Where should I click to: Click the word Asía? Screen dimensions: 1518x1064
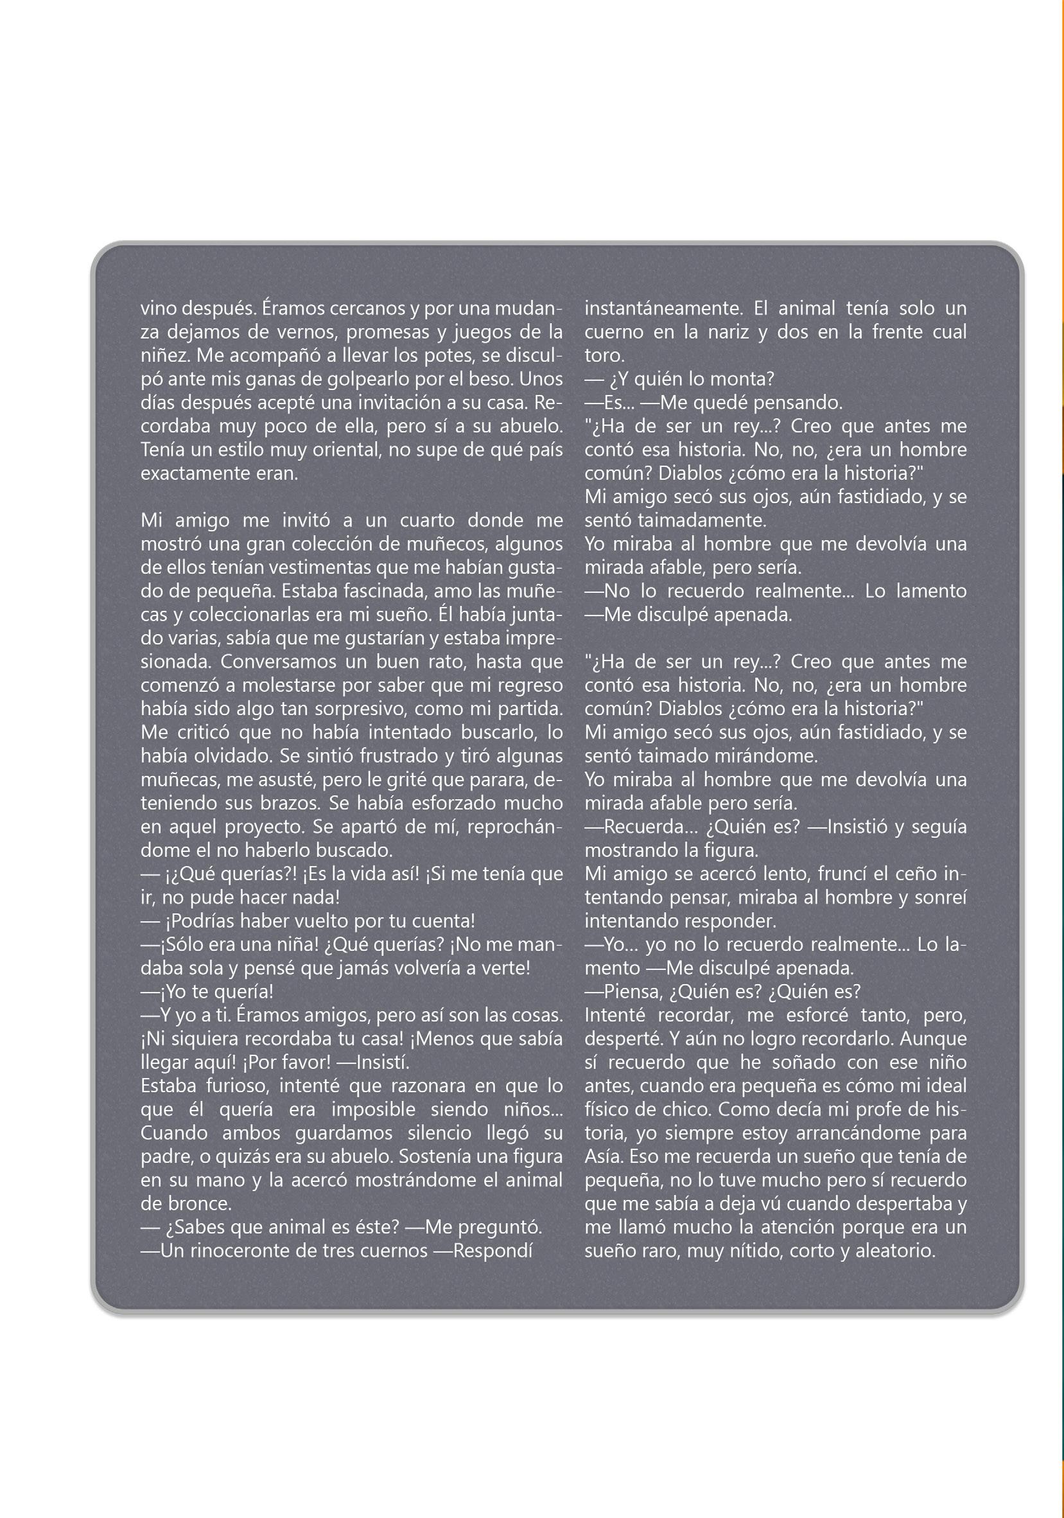603,1156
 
